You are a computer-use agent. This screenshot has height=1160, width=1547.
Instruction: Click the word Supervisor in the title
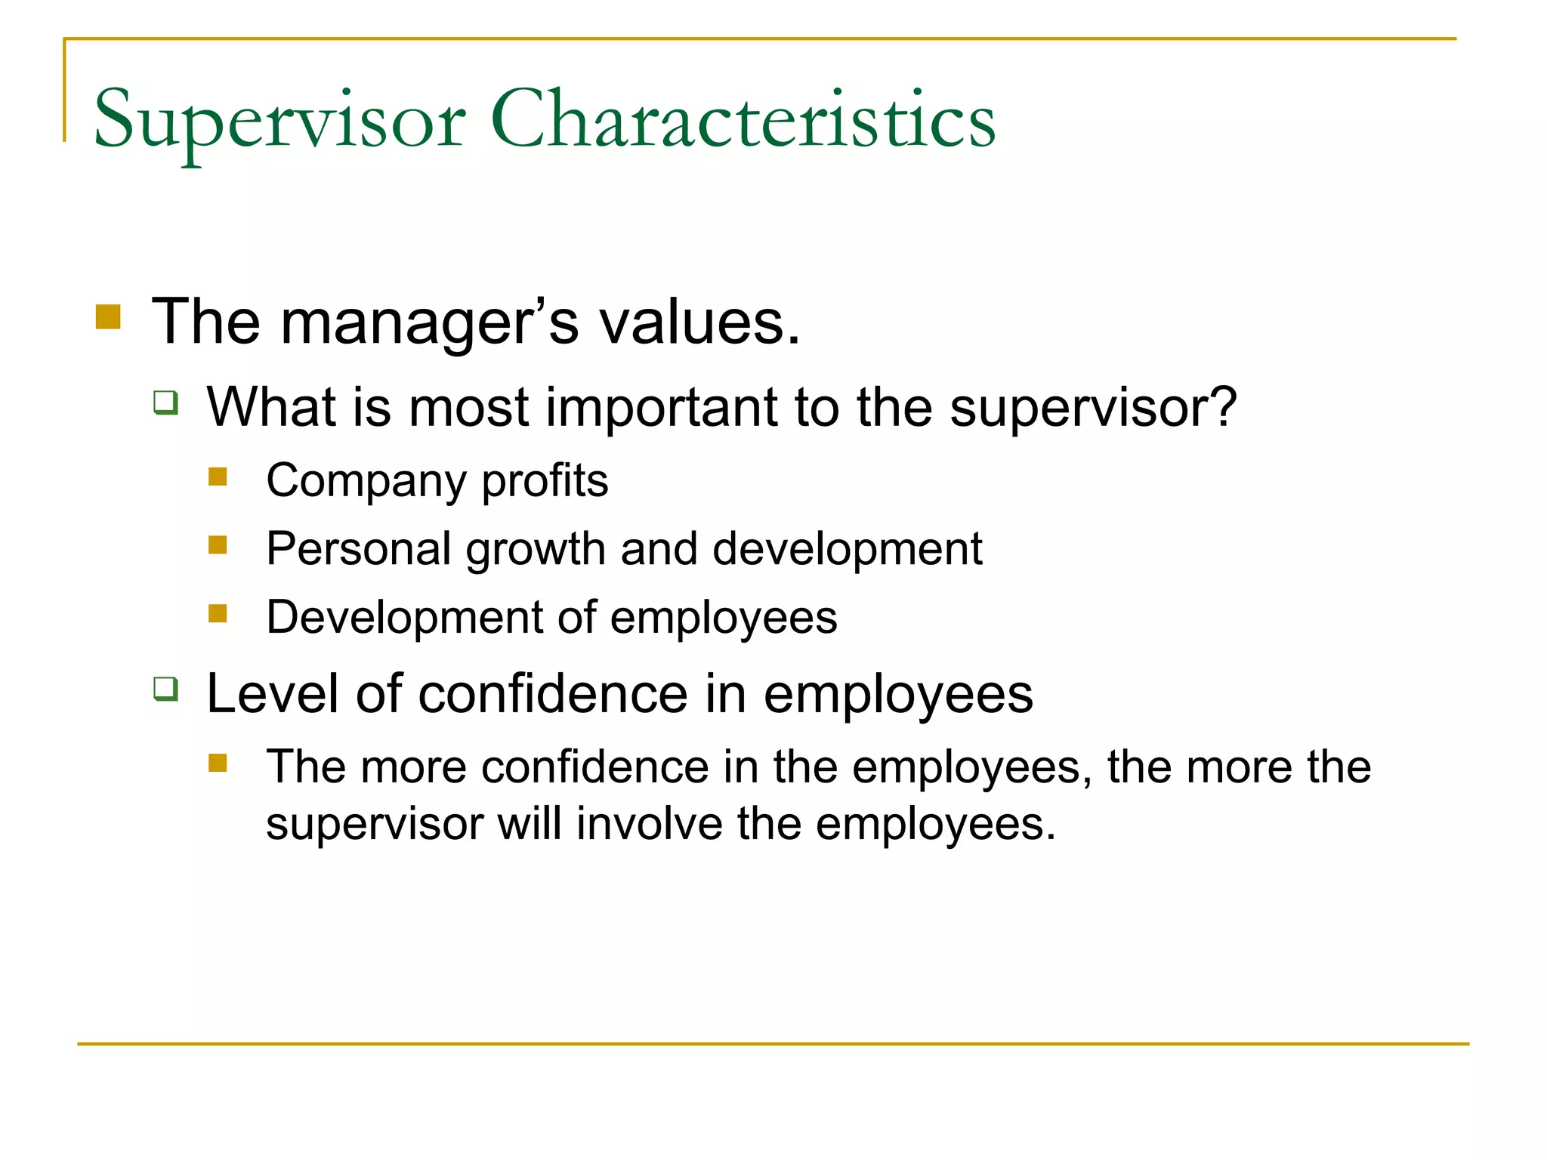279,121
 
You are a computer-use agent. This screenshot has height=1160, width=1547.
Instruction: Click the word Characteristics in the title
743,121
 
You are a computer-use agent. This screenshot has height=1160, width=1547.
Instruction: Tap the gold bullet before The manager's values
108,316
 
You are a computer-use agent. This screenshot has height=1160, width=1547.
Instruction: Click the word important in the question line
662,408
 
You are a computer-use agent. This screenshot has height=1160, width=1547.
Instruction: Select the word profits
545,480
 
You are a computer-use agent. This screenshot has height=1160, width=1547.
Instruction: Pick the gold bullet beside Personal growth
218,545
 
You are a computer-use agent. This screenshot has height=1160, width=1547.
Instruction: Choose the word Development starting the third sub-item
403,617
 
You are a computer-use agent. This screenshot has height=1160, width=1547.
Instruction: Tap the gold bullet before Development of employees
218,613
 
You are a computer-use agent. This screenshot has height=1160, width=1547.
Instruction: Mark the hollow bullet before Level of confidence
165,689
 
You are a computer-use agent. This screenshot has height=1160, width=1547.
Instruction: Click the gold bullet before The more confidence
218,763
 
